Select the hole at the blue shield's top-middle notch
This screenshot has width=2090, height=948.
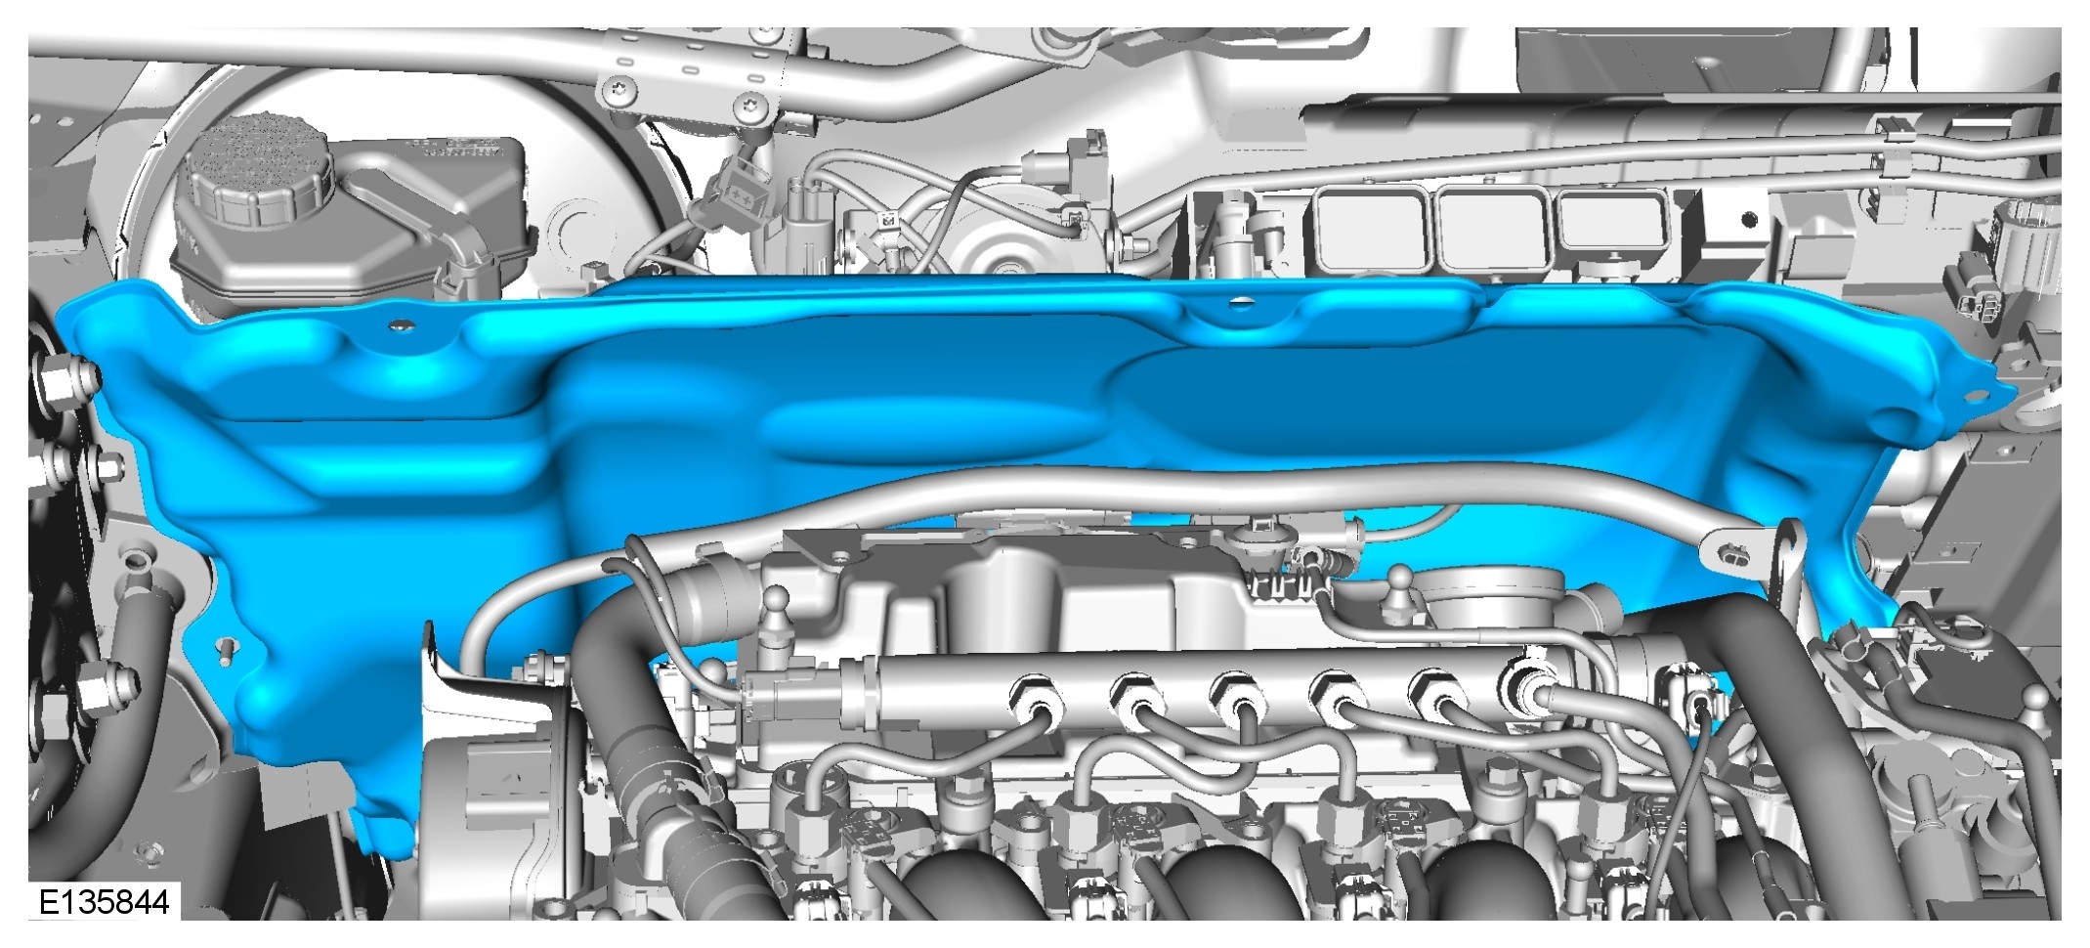[x=1240, y=302]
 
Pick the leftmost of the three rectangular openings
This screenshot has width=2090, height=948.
[x=1372, y=231]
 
